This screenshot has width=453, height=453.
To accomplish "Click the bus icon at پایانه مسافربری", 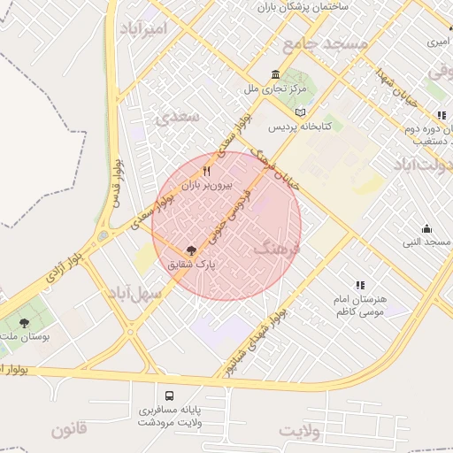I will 169,395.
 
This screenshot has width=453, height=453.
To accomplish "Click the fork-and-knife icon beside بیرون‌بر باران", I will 207,171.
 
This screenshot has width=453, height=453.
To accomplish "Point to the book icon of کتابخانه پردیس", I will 302,112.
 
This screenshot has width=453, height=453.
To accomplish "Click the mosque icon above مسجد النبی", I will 427,229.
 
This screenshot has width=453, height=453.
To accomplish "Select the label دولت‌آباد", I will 422,164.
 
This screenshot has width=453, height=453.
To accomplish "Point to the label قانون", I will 69,431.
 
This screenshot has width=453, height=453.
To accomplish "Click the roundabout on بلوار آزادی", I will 104,236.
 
